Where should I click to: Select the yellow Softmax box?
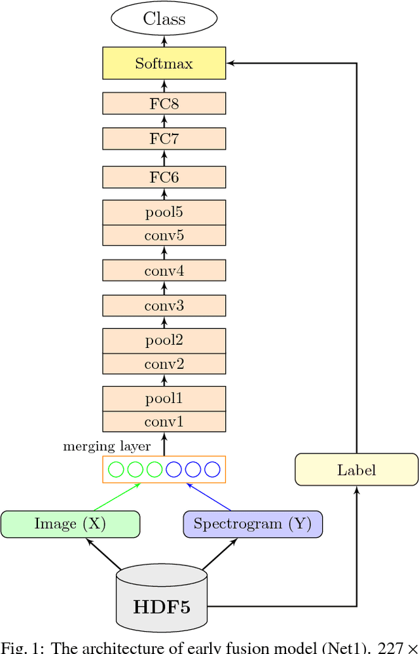coord(164,64)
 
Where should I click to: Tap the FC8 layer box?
coord(164,104)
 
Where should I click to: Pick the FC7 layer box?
coord(164,139)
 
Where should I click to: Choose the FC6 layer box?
coord(164,177)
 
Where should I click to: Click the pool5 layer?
coord(164,213)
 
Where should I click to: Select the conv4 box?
coord(164,270)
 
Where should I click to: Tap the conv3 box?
coord(164,306)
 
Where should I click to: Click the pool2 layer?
coord(164,341)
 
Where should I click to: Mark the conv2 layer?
coord(164,364)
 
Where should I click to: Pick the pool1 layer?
coord(164,398)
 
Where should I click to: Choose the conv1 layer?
coord(164,421)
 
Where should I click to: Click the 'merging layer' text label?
coord(107,446)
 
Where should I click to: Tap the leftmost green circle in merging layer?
coord(116,469)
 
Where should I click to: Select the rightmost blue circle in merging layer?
coord(212,469)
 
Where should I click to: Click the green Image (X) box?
coord(70,524)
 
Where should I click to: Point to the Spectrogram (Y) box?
coord(253,524)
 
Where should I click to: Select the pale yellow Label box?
coord(356,470)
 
